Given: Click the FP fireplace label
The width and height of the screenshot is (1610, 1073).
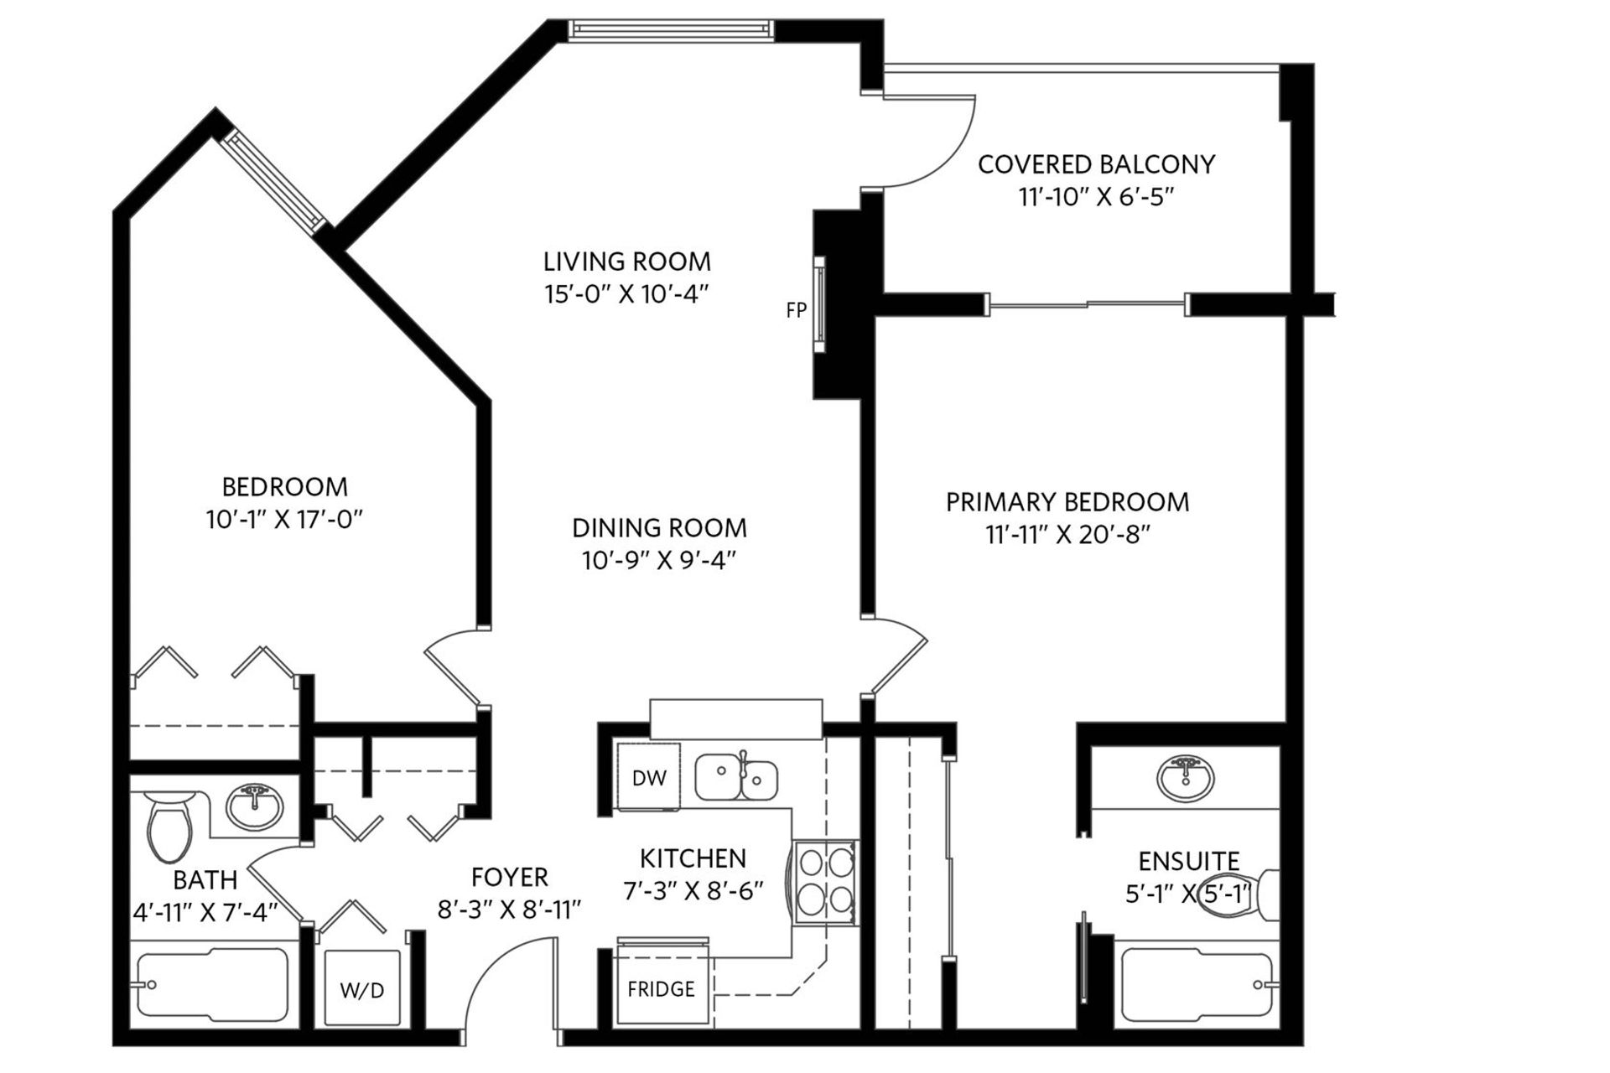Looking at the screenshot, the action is [x=796, y=310].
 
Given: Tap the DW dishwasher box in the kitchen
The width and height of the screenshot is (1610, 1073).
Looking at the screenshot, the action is [x=648, y=777].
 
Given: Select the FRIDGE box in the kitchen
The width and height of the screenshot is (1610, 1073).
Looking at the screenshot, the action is [x=662, y=989].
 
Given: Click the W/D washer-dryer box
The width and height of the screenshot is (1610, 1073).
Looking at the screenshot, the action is [x=361, y=989].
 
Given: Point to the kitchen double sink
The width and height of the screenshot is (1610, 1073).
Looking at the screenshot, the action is [x=735, y=776].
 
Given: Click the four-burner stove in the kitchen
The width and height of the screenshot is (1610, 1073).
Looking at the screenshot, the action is [x=825, y=882].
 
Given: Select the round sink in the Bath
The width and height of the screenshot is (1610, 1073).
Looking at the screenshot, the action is [x=256, y=806].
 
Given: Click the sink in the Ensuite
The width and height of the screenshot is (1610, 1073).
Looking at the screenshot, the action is [x=1185, y=776].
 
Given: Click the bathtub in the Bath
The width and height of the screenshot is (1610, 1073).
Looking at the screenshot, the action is [x=213, y=986].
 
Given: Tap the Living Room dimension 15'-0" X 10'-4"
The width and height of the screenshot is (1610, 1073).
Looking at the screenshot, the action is [x=626, y=294].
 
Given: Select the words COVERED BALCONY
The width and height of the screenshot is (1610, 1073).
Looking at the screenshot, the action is [x=1096, y=164].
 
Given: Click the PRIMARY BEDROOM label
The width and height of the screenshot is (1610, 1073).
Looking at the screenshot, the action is [x=1067, y=502].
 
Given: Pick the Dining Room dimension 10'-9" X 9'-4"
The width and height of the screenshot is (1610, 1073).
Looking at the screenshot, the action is [x=659, y=560].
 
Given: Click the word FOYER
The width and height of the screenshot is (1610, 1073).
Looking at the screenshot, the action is [x=509, y=877].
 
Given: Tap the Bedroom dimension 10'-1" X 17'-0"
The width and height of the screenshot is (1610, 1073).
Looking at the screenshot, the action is [x=284, y=520].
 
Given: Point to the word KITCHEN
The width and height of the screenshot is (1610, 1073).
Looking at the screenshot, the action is [x=693, y=858].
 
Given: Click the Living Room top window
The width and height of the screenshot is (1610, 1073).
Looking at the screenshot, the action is [x=669, y=30].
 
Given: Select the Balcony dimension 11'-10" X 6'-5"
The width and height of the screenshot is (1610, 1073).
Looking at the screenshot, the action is [x=1096, y=197].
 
